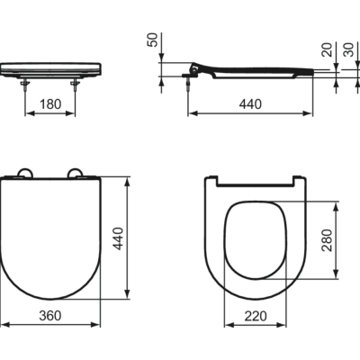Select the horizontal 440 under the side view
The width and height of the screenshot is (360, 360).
[250, 104]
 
